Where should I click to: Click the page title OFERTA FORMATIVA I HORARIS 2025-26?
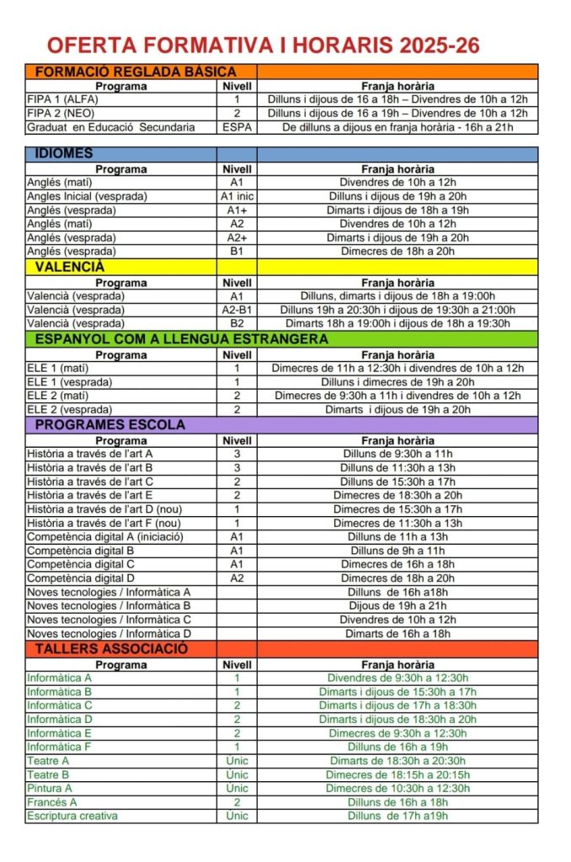263,45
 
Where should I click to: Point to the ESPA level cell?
237,127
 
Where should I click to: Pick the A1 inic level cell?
237,196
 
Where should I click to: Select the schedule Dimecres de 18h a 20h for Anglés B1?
398,251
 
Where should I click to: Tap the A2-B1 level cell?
237,310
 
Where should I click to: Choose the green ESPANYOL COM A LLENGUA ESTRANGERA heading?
181,339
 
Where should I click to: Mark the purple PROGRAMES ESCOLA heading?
109,425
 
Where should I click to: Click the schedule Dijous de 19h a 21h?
398,605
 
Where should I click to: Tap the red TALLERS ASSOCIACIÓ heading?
111,649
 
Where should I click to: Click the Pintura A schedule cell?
398,788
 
